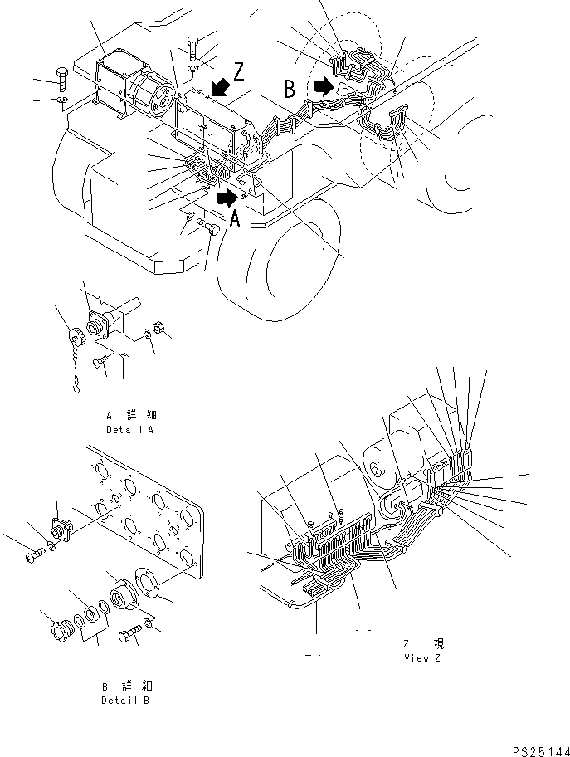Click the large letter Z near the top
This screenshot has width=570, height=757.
(x=240, y=72)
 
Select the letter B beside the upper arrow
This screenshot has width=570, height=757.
(x=290, y=87)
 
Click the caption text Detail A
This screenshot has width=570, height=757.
(x=131, y=430)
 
